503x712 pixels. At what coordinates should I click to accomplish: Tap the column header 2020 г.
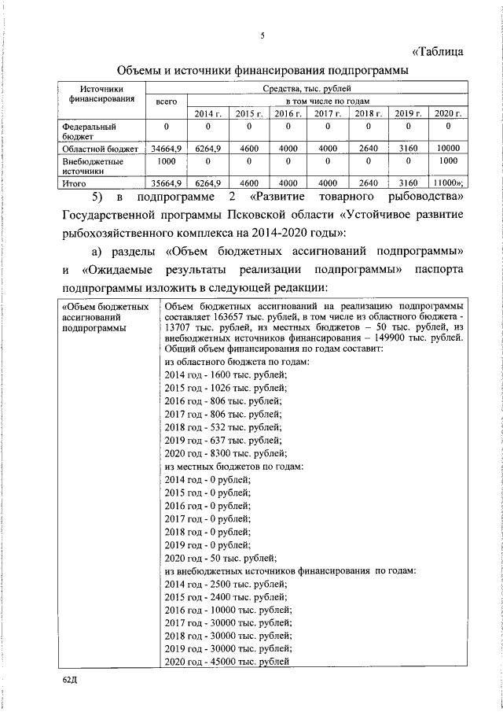click(x=448, y=115)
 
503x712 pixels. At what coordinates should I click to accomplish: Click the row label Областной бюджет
click(x=101, y=148)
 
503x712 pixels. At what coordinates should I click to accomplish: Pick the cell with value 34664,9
click(x=167, y=148)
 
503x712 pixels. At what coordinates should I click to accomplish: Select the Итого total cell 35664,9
click(x=167, y=183)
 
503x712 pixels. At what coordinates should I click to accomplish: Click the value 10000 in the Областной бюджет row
click(x=448, y=148)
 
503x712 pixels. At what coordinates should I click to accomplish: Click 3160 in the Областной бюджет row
click(x=407, y=148)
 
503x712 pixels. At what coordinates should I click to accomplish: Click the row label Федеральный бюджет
click(x=89, y=131)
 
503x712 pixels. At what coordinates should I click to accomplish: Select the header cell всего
click(x=167, y=102)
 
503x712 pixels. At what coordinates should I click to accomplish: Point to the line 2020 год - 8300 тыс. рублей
click(x=226, y=453)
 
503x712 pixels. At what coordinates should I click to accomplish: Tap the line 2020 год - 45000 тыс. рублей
click(x=228, y=662)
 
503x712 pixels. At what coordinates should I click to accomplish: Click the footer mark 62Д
click(x=71, y=678)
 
